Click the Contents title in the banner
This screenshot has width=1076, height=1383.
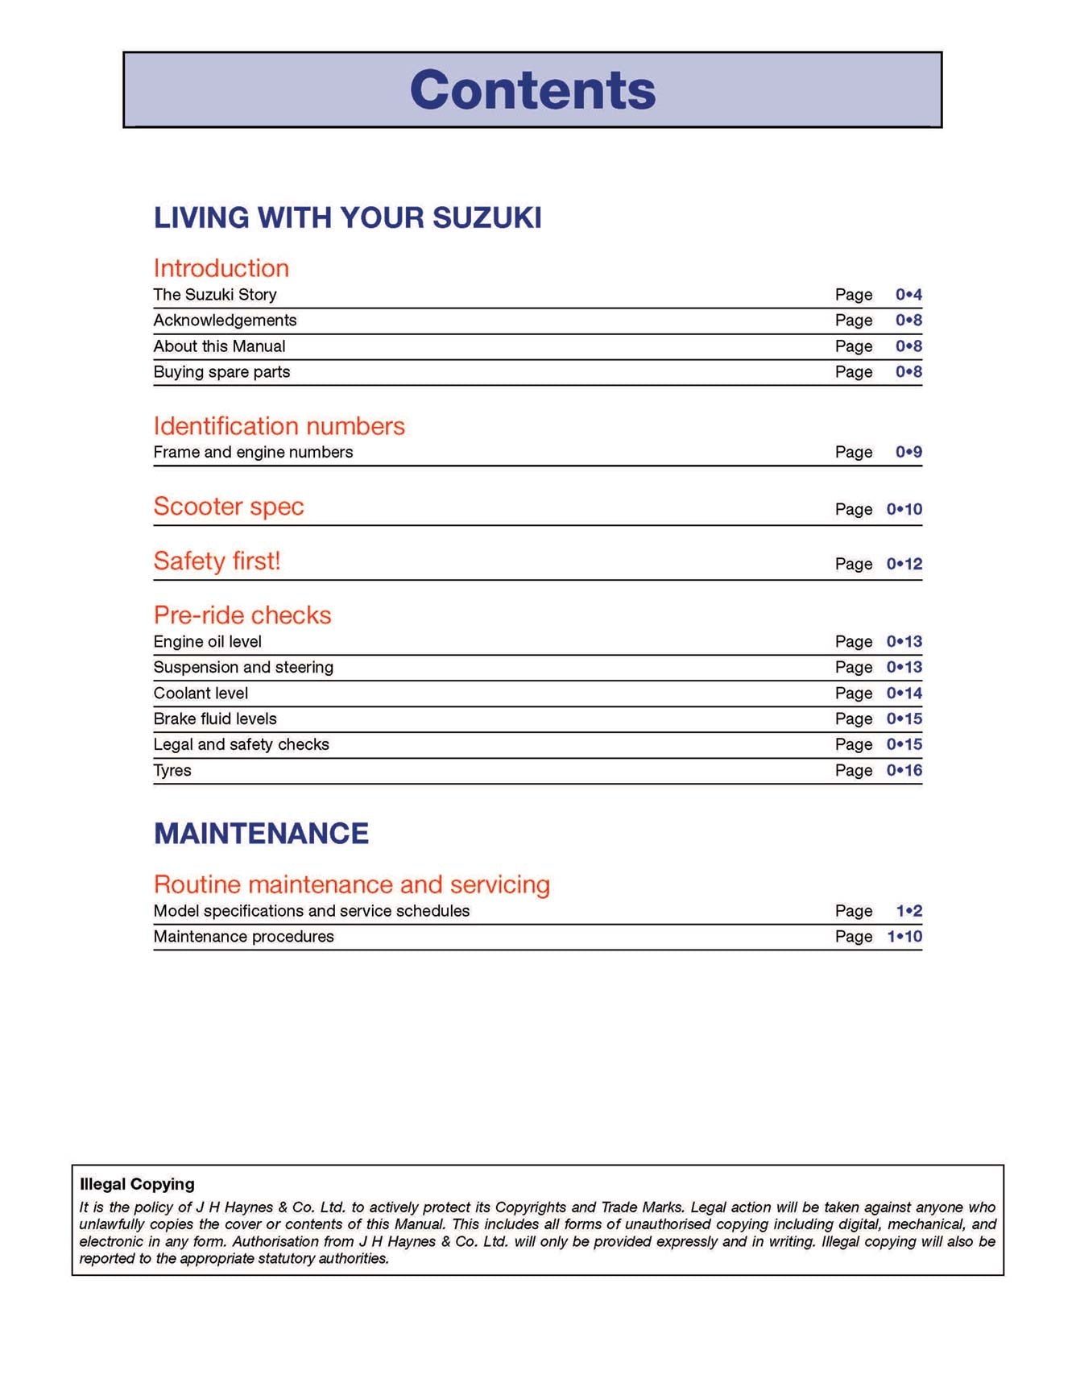[x=532, y=89]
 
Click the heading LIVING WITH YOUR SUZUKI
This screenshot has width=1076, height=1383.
[x=347, y=217]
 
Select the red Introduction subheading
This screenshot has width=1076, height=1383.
[x=221, y=268]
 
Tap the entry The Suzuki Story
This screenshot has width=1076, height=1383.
[x=215, y=295]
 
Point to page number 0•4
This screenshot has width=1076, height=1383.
[x=908, y=295]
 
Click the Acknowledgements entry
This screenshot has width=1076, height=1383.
[x=225, y=321]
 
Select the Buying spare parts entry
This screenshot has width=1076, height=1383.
[x=221, y=372]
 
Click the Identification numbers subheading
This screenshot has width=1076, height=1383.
[x=279, y=426]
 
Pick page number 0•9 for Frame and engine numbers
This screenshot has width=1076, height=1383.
[x=908, y=453]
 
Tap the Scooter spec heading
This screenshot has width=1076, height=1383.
[x=229, y=507]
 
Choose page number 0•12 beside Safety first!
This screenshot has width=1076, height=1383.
[x=904, y=564]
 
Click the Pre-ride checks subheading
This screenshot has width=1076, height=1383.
[x=242, y=615]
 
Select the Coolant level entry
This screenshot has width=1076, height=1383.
[x=201, y=694]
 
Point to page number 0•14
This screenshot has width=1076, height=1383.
[x=904, y=694]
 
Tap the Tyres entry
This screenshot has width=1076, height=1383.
[x=172, y=771]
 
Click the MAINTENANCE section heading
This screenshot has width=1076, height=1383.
[x=261, y=834]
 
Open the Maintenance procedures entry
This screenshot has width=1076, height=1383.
[x=243, y=937]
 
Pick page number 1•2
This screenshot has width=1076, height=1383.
[x=909, y=911]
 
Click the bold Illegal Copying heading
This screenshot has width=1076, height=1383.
[x=137, y=1184]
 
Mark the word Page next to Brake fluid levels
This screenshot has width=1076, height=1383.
[x=854, y=719]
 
